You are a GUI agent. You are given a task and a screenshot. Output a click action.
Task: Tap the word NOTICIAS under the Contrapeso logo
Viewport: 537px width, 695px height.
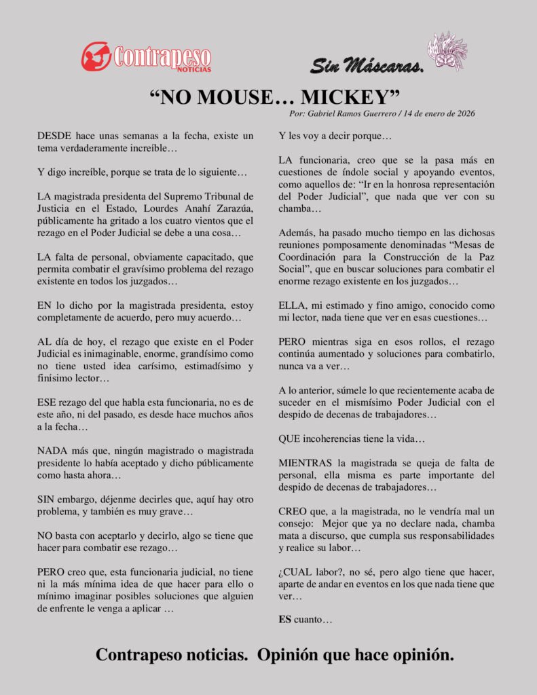(194, 69)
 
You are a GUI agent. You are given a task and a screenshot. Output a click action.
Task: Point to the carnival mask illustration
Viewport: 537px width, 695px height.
(447, 51)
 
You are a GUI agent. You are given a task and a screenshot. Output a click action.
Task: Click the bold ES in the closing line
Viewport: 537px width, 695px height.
(284, 620)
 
